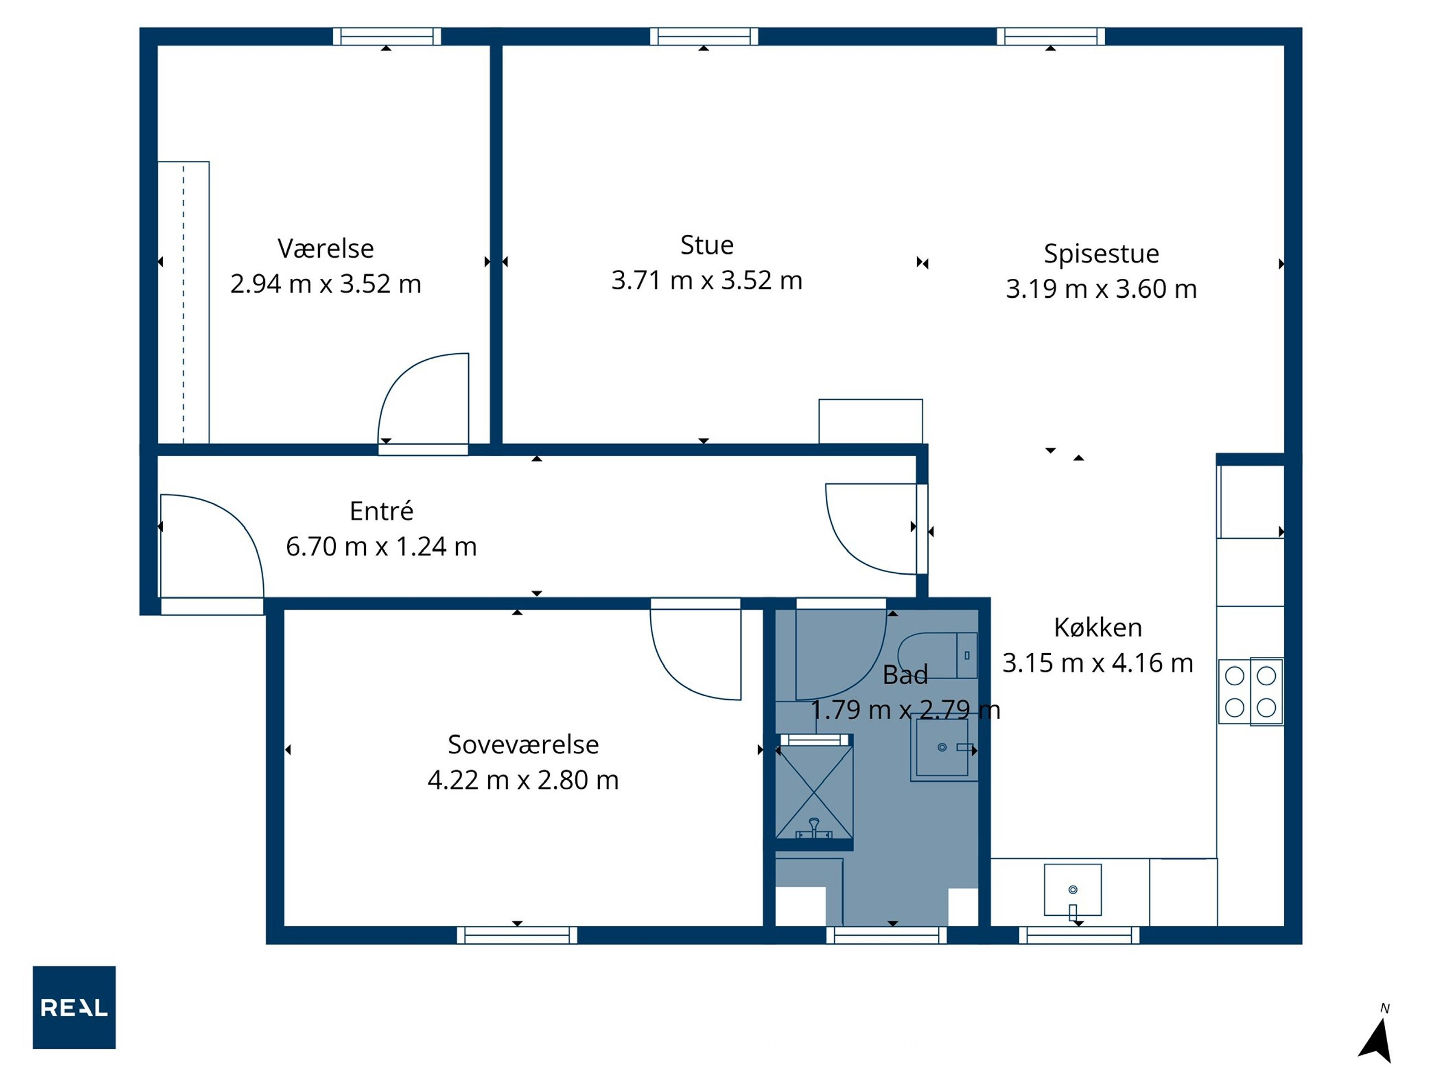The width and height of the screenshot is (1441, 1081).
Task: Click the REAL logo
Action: (74, 1007)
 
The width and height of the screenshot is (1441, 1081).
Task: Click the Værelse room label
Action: (326, 248)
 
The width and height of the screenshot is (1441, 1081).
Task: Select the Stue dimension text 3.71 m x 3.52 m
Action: (707, 280)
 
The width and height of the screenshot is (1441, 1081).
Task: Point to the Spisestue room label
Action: (1102, 253)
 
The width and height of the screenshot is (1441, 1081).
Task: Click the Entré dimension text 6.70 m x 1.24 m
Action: (382, 546)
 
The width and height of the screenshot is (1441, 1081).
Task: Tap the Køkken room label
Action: (1098, 628)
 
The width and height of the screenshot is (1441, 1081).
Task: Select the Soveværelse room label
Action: (523, 744)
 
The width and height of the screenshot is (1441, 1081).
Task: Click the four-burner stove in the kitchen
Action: (1251, 691)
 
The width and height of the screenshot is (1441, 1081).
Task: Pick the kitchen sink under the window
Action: (1073, 890)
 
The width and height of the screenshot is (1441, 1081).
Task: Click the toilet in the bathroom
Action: (937, 655)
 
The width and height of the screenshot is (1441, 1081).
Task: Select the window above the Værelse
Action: (387, 37)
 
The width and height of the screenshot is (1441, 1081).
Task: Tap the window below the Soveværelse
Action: (517, 935)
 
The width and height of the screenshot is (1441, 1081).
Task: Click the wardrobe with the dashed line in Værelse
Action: (183, 302)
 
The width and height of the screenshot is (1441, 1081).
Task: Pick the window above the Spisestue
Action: (1051, 37)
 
